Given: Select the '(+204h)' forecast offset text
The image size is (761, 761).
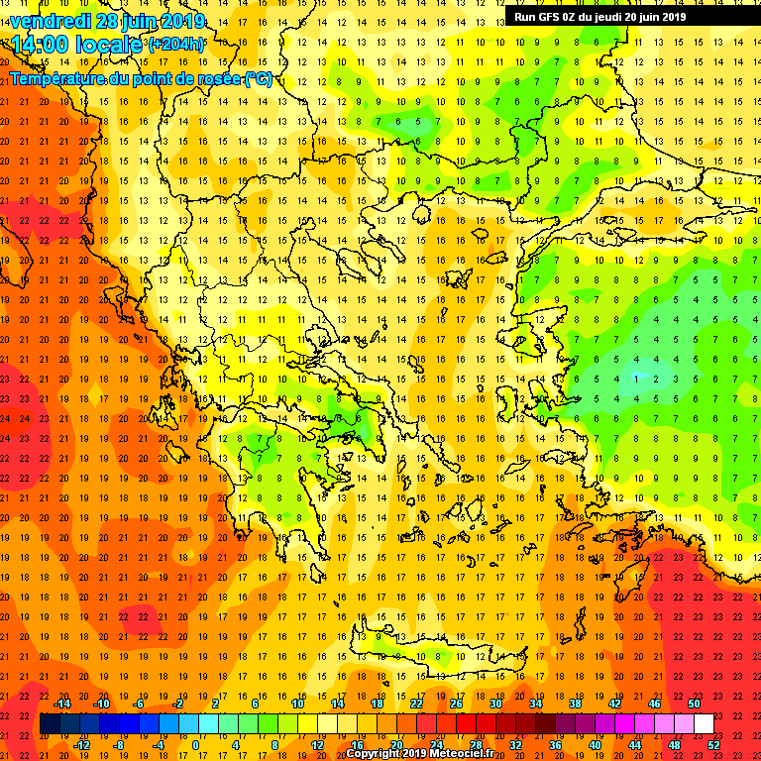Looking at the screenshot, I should pos(176,45).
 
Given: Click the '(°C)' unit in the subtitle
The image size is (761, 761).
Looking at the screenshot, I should pos(258,79).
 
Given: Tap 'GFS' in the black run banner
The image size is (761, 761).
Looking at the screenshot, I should pos(548,16).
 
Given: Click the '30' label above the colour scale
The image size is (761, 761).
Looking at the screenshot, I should pos(494,704).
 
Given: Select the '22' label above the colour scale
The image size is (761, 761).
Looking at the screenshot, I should pos(417,704).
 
